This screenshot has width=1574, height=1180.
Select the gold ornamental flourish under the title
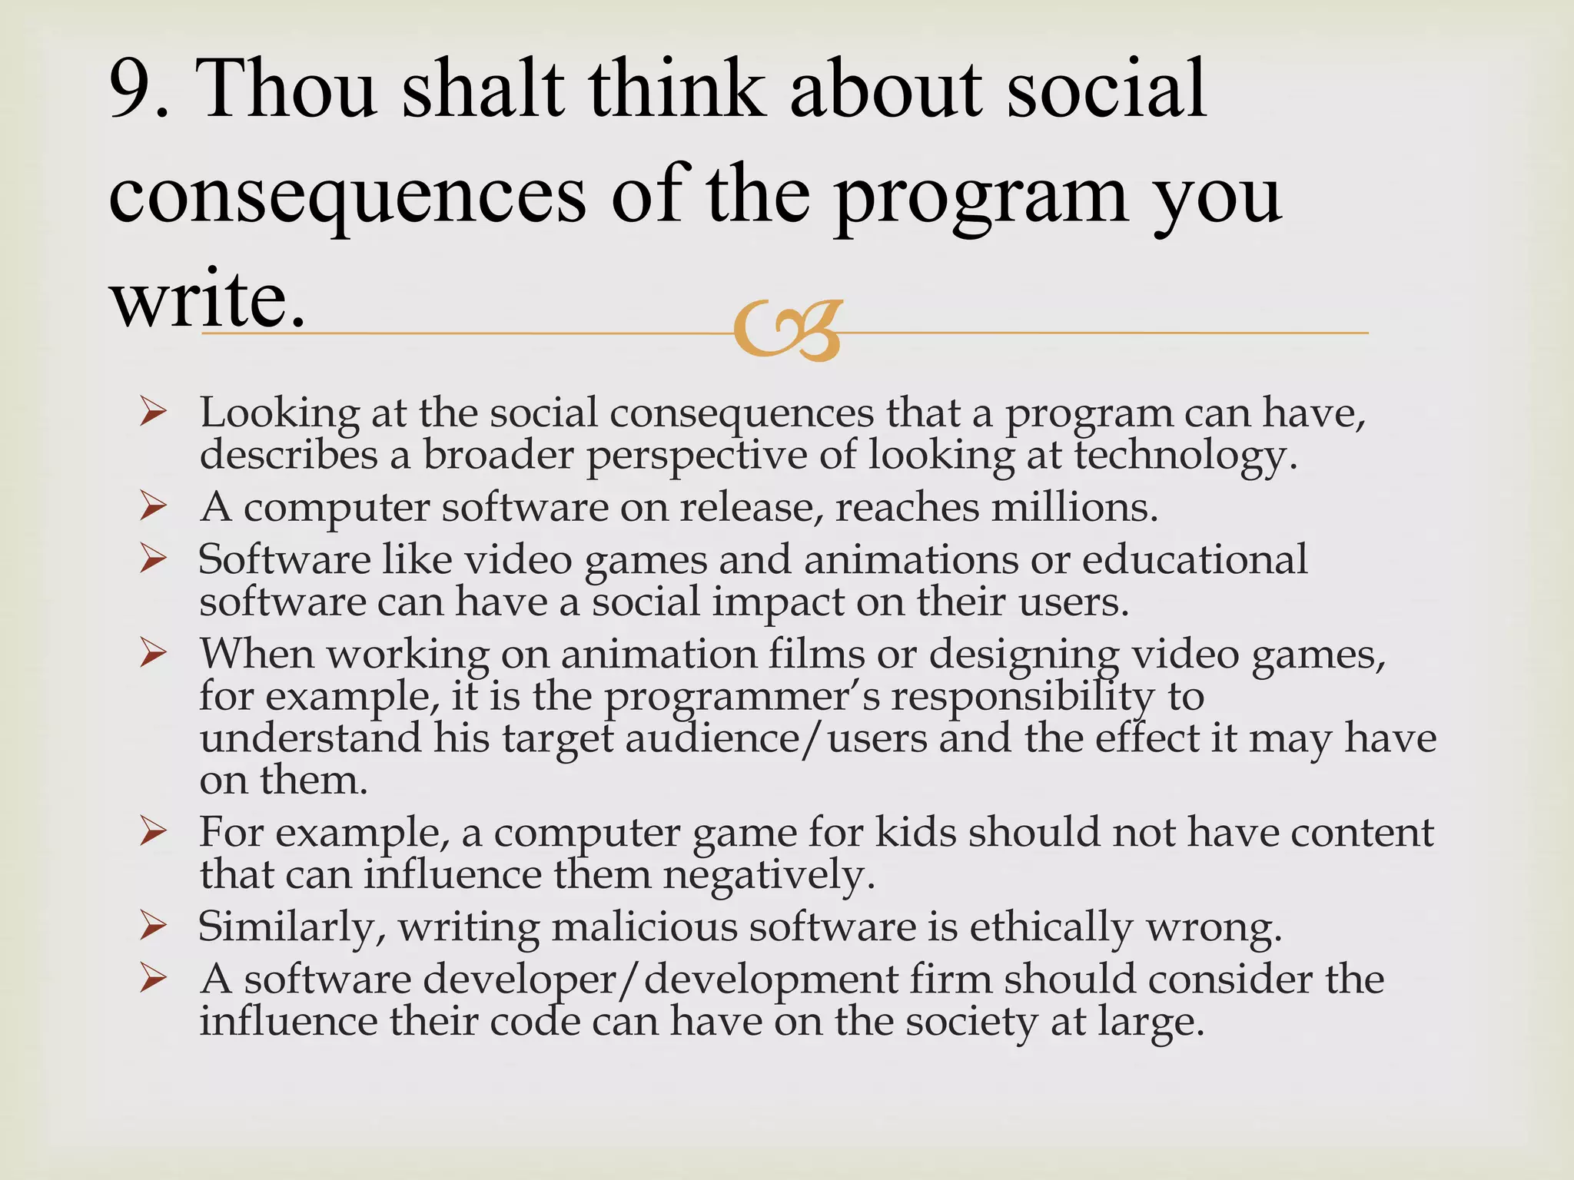pos(788,330)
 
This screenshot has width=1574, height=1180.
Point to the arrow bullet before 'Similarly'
pos(154,928)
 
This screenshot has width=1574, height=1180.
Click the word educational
pos(1194,559)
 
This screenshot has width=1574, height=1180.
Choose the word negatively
pos(769,876)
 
